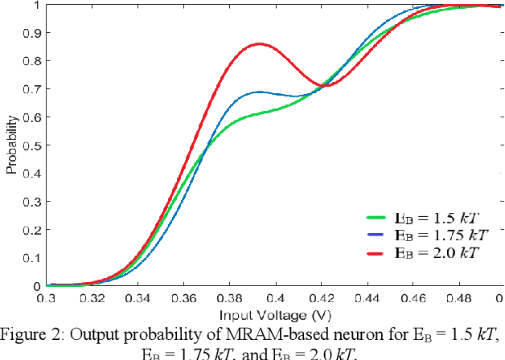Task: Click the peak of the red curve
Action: [258, 44]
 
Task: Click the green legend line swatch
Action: [379, 218]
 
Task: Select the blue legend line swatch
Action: [379, 235]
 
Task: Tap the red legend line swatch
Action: [379, 253]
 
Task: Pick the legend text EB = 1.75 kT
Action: [441, 235]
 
